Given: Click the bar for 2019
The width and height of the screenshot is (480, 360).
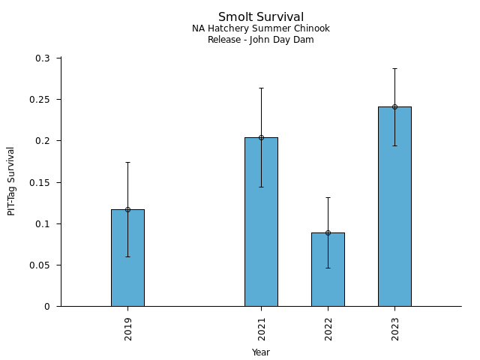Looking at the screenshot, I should coord(127,258).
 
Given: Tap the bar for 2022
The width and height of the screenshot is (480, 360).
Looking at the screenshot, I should coord(328,270).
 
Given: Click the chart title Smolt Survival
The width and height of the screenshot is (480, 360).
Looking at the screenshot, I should coord(261,16).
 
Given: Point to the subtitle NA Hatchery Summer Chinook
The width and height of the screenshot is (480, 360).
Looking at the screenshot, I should coord(261,28).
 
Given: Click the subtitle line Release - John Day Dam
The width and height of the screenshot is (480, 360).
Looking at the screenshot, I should coord(261,40).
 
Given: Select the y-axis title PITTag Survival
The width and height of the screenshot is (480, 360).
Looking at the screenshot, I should coord(11,181).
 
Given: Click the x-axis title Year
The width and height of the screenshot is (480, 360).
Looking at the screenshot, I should coord(261,352).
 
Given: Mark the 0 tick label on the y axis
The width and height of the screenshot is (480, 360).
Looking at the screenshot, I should coord(46,307).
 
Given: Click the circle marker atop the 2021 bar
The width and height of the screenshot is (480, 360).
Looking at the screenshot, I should coord(261,137).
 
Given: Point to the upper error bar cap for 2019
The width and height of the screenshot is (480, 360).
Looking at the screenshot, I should coord(127,162).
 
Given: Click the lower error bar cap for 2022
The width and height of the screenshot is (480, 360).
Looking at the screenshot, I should coord(328,268).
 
